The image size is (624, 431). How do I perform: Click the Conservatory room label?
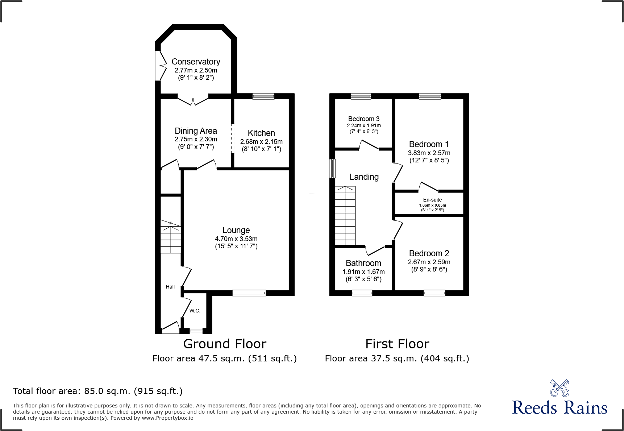[196, 62]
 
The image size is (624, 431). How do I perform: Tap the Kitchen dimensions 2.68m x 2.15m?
[261, 142]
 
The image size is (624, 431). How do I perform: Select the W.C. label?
[195, 311]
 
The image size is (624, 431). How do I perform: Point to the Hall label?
[170, 287]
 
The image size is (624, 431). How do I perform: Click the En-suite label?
[432, 200]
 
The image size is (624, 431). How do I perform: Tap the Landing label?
[364, 177]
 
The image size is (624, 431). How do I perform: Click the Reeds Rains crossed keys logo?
[559, 388]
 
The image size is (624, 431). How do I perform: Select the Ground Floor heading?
[225, 344]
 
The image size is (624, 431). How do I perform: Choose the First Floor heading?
[397, 344]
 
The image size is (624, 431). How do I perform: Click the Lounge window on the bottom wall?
[249, 293]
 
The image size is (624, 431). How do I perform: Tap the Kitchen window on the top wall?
[263, 96]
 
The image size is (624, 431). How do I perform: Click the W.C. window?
[196, 331]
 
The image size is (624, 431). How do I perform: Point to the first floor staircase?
[345, 216]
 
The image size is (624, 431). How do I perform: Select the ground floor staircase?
[171, 237]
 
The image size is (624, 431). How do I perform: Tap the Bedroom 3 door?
[369, 146]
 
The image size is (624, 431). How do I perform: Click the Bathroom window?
[362, 293]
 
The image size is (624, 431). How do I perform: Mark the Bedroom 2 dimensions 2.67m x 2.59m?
[429, 262]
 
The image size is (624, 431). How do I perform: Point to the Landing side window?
[332, 169]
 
